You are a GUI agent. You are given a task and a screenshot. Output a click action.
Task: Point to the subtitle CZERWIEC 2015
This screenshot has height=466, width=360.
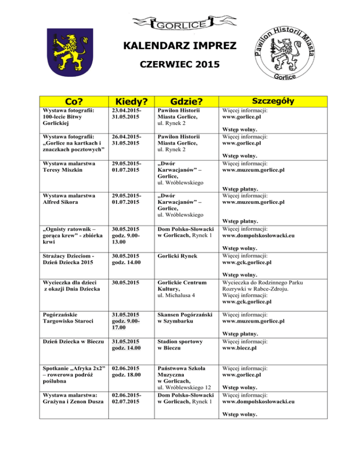pyautogui.click(x=180, y=64)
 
